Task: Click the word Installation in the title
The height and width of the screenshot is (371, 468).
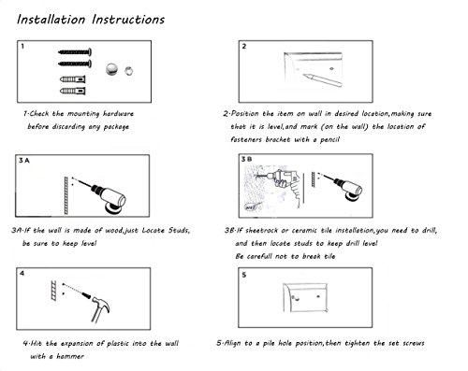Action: pyautogui.click(x=51, y=20)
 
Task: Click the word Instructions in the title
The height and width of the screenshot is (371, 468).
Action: pyautogui.click(x=128, y=20)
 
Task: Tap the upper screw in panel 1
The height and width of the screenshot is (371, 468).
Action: pyautogui.click(x=75, y=52)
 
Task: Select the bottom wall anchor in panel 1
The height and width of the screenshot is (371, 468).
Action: pyautogui.click(x=73, y=91)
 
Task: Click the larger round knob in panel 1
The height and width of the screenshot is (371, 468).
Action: pyautogui.click(x=112, y=69)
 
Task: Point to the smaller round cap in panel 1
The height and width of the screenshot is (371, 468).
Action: pyautogui.click(x=128, y=71)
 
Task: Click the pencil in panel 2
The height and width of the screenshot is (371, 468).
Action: pyautogui.click(x=322, y=79)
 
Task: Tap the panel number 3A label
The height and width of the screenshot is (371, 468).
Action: pyautogui.click(x=24, y=161)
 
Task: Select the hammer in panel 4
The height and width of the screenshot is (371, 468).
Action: pyautogui.click(x=100, y=309)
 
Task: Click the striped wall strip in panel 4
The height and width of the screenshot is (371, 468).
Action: pyautogui.click(x=54, y=291)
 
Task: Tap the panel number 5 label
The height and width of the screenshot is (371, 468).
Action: pyautogui.click(x=244, y=275)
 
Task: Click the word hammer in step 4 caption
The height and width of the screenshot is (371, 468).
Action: pyautogui.click(x=70, y=356)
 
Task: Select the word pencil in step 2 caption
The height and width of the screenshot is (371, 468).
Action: pyautogui.click(x=329, y=139)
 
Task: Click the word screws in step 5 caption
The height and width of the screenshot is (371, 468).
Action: pyautogui.click(x=414, y=343)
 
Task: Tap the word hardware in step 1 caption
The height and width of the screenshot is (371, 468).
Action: pyautogui.click(x=118, y=114)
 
